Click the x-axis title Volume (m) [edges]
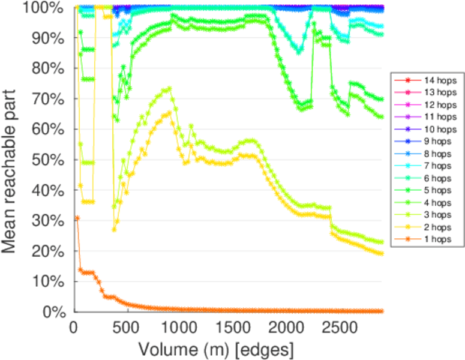(x=216, y=348)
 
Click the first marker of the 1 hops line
(x=77, y=218)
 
